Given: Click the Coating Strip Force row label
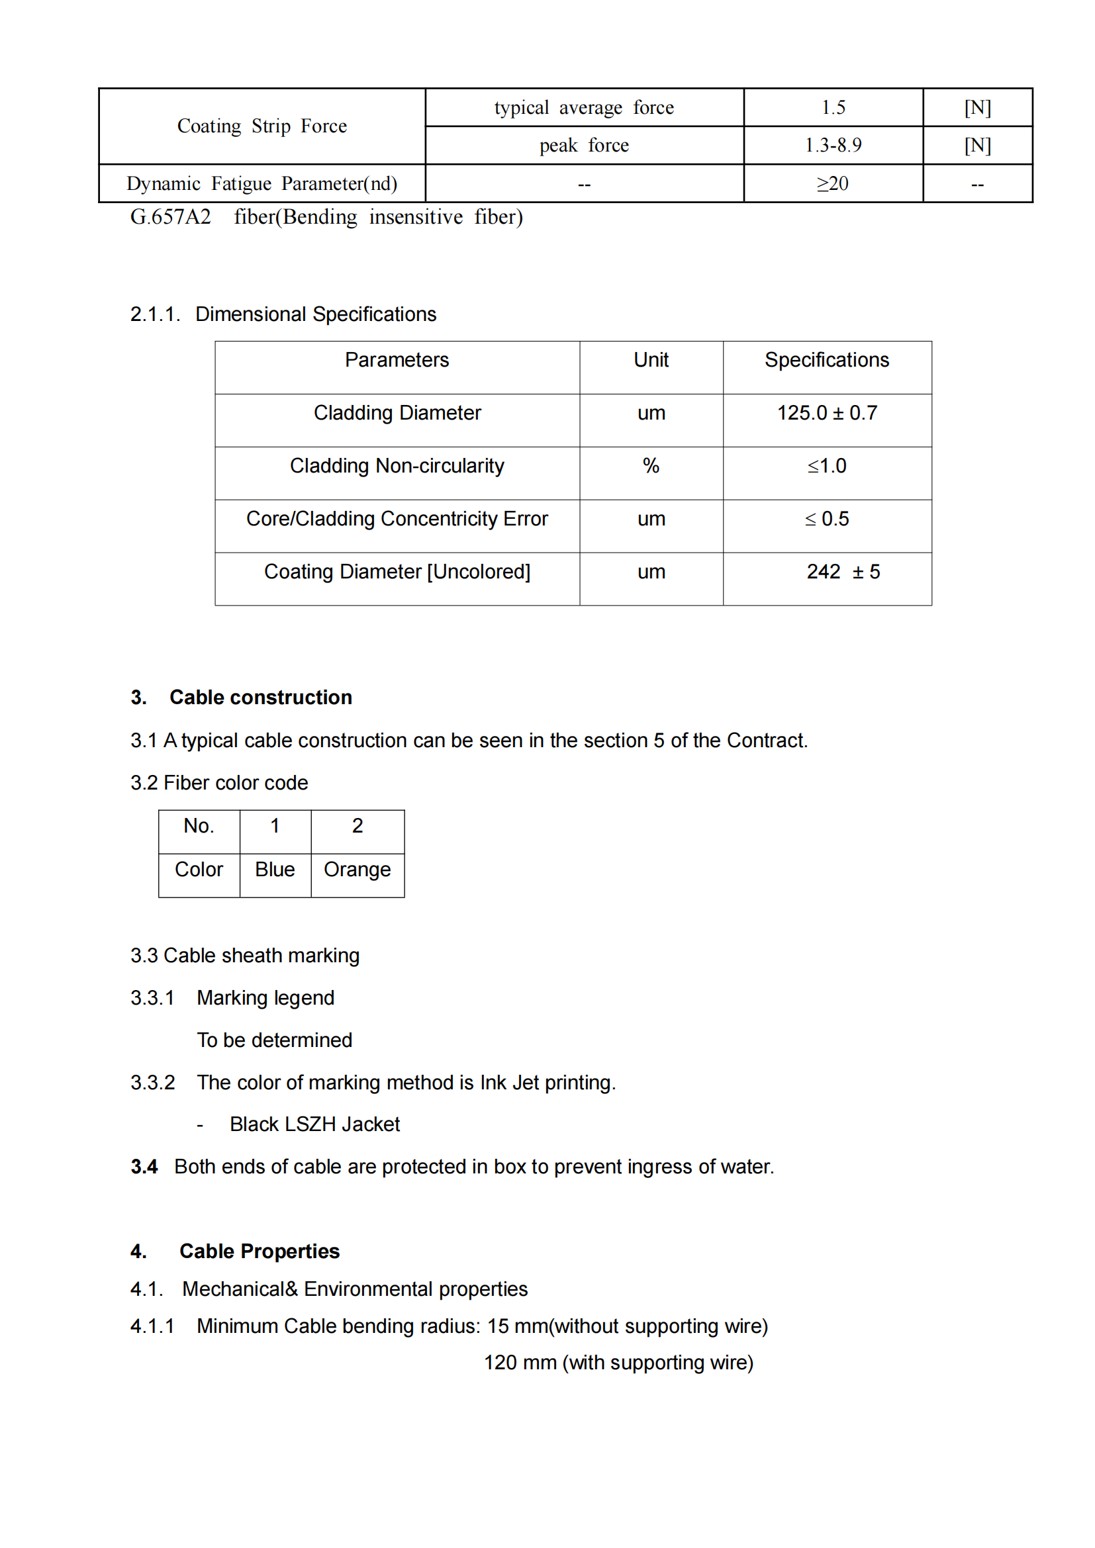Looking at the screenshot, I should click(x=262, y=126).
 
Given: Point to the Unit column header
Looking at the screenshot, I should click(x=651, y=360).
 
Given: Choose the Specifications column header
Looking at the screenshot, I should click(x=827, y=360).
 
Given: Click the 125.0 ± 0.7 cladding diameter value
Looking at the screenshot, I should click(x=827, y=412).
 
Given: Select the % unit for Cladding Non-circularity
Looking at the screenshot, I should click(x=651, y=466).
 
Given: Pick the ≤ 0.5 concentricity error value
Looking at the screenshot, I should click(x=827, y=518).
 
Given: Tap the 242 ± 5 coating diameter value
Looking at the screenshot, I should click(x=843, y=572).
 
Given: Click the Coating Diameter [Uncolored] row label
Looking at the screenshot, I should click(x=397, y=572).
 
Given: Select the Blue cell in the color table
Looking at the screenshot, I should click(x=275, y=870).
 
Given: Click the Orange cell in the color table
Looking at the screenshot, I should click(x=357, y=870).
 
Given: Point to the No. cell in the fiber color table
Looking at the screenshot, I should click(x=199, y=826).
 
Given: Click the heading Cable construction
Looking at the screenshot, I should click(x=260, y=697).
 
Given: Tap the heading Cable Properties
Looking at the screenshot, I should click(x=259, y=1252).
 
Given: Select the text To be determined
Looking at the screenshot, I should click(x=275, y=1040).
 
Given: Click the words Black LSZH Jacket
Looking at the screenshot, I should click(x=314, y=1124).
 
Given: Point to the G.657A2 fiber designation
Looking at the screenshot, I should click(x=171, y=217).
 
